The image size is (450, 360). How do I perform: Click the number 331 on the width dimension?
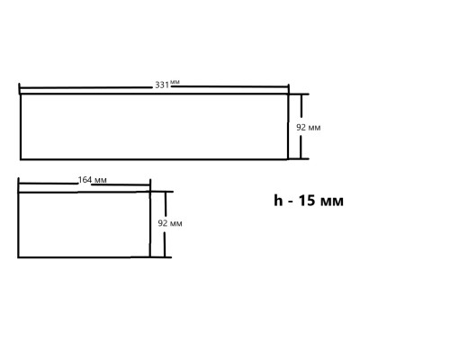coord(162,85)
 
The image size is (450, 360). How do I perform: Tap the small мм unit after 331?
coord(175,82)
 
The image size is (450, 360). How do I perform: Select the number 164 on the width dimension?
coord(85,180)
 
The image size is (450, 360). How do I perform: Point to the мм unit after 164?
coord(100,180)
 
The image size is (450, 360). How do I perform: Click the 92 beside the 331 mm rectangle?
coord(301,127)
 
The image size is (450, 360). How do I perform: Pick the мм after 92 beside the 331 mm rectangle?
coord(314,128)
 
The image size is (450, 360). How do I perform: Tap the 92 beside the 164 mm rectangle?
coord(163,223)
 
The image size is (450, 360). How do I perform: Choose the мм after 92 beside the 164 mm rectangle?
coord(176,224)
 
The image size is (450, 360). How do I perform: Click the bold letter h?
coord(278,200)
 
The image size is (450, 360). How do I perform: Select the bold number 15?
coord(307,201)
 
